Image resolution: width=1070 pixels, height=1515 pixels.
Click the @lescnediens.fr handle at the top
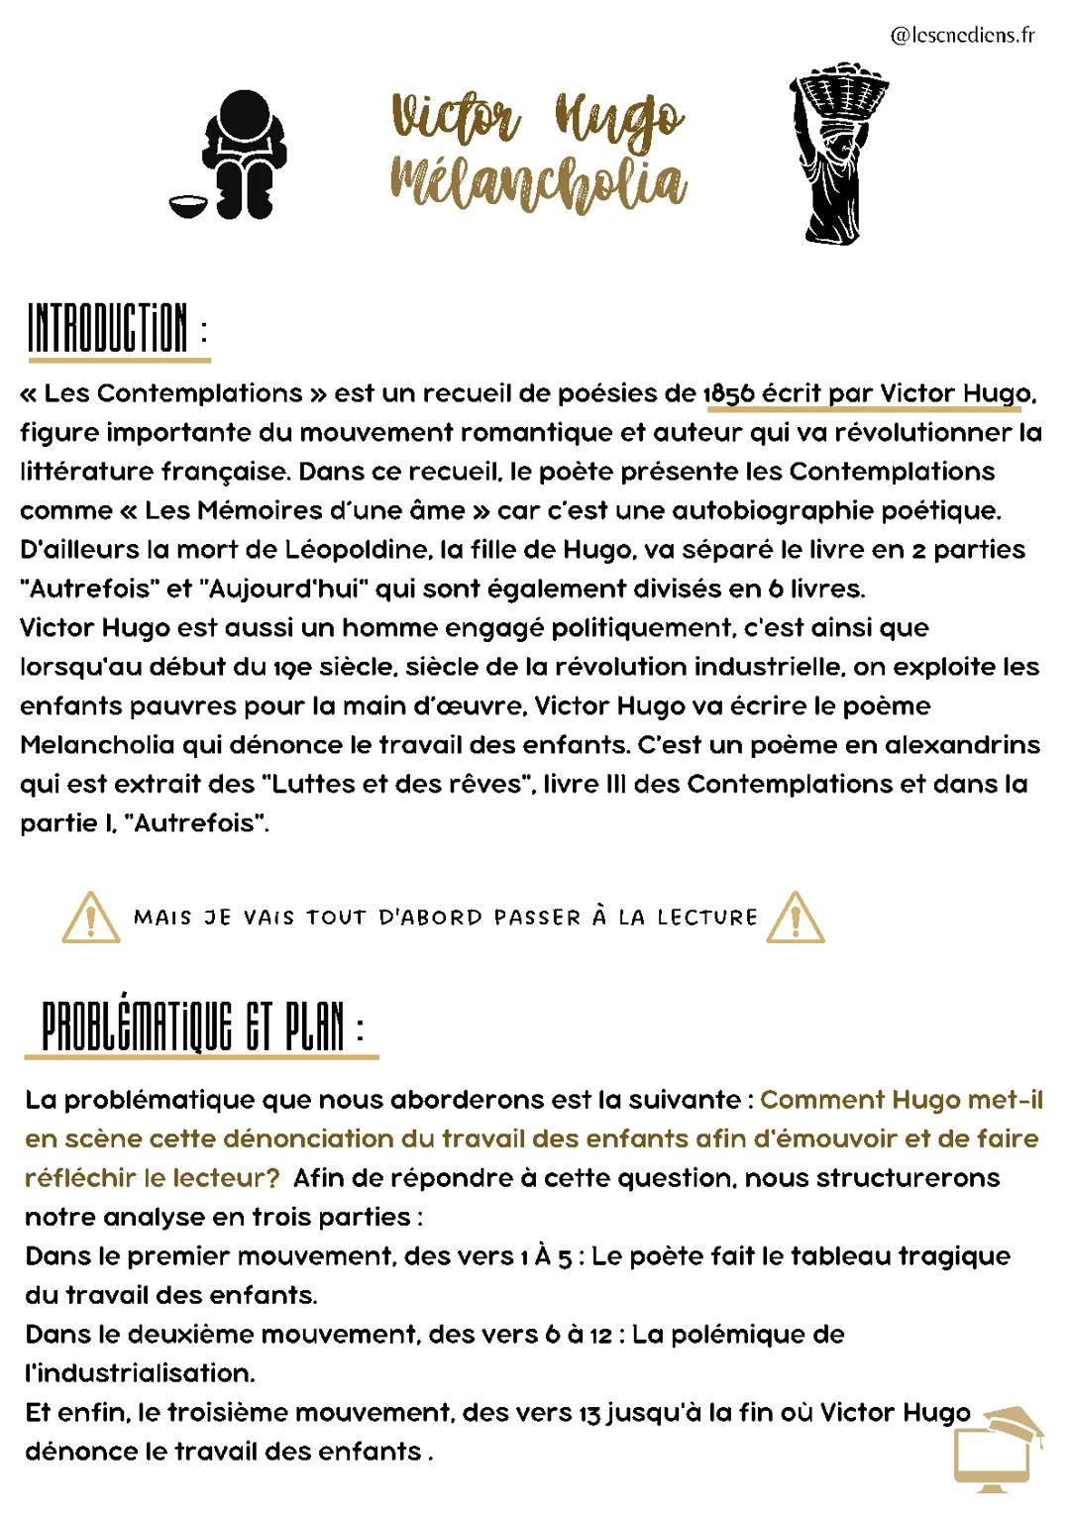[x=962, y=36]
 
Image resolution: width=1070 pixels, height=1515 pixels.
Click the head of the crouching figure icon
[x=242, y=115]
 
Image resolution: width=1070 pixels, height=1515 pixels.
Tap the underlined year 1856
[x=729, y=393]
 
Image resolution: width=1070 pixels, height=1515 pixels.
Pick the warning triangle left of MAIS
[x=91, y=918]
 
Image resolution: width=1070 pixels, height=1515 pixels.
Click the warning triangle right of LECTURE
[x=795, y=918]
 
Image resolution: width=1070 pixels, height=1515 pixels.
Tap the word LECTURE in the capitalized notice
[x=707, y=918]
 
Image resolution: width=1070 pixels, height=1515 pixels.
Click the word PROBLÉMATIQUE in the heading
[x=138, y=1026]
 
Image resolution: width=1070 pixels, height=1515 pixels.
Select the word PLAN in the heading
[x=314, y=1026]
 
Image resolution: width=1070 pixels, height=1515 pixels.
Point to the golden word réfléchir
[x=80, y=1178]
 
